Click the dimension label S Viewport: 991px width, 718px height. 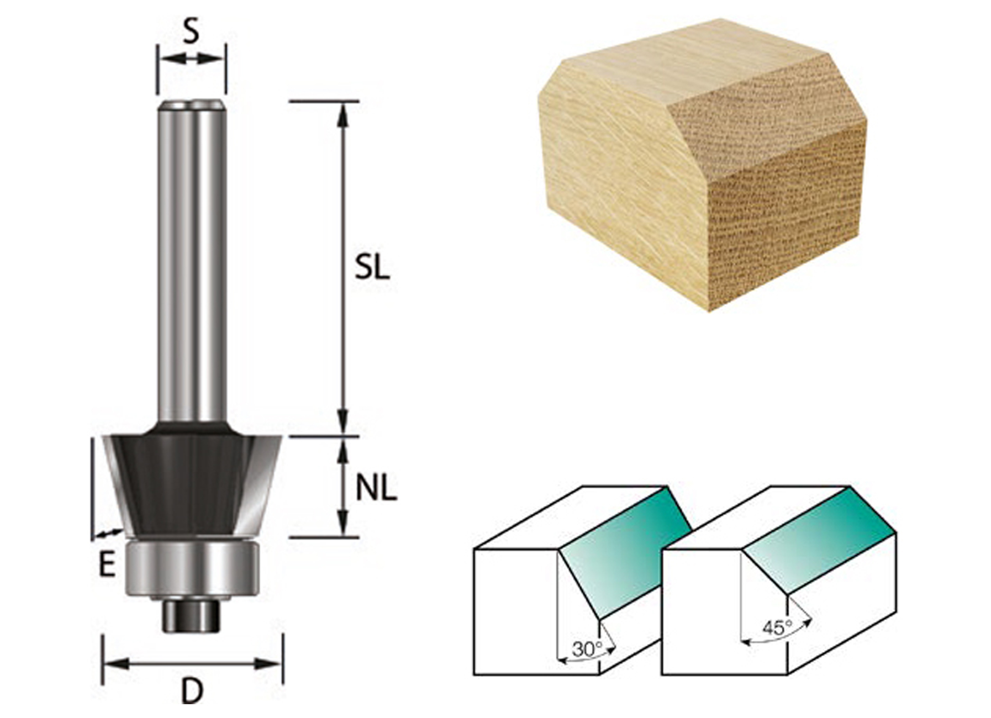(x=191, y=33)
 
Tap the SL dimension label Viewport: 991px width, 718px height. (x=372, y=268)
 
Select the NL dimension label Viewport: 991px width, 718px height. (x=376, y=489)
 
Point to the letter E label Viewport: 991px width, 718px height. (x=107, y=566)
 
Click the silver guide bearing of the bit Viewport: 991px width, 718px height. (x=192, y=568)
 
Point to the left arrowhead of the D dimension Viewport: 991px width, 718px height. (x=115, y=663)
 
